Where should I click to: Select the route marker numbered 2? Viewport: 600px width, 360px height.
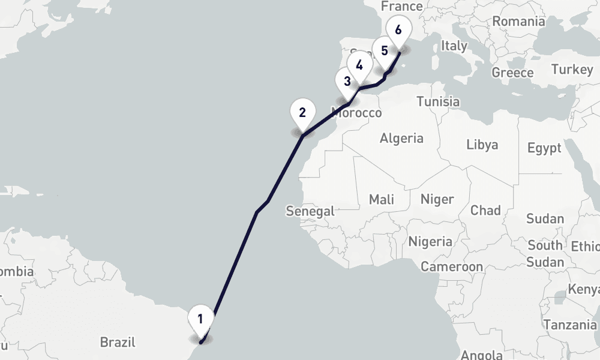[x=302, y=112]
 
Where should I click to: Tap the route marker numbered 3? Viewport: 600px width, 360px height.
[x=347, y=80]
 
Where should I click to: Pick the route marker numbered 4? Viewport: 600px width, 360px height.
[x=359, y=65]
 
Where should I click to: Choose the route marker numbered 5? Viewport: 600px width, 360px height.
[x=384, y=50]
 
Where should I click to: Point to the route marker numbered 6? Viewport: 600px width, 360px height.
[x=399, y=29]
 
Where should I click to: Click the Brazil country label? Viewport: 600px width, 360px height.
[x=118, y=343]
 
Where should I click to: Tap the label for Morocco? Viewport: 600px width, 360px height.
[x=357, y=113]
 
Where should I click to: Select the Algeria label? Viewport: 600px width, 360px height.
[x=401, y=139]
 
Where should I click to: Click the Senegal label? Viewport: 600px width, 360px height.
[x=310, y=211]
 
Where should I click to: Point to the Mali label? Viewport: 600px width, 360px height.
[x=382, y=199]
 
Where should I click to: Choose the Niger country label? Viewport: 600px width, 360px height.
[x=437, y=199]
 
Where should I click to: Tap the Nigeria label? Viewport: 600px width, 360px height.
[x=430, y=242]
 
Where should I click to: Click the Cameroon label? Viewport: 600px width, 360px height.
[x=452, y=266]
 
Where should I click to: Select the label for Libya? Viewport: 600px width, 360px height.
[x=482, y=145]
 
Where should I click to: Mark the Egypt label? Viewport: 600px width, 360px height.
[x=544, y=148]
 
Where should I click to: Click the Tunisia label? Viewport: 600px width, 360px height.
[x=438, y=101]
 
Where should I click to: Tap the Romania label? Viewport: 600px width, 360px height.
[x=518, y=22]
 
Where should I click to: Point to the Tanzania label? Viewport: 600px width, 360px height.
[x=570, y=325]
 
